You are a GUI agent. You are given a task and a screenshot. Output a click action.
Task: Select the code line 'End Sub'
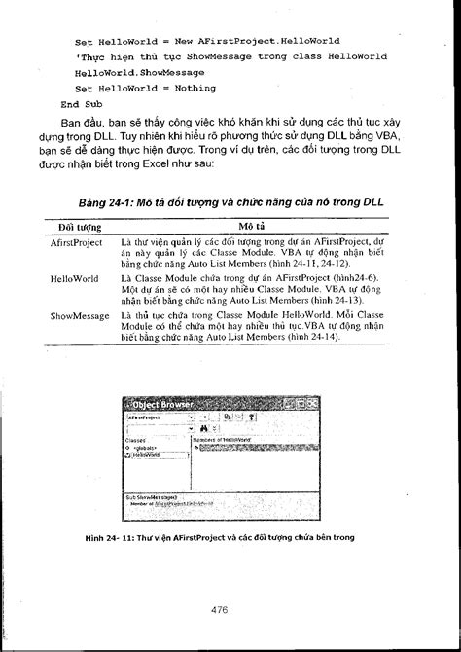pyautogui.click(x=81, y=102)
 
